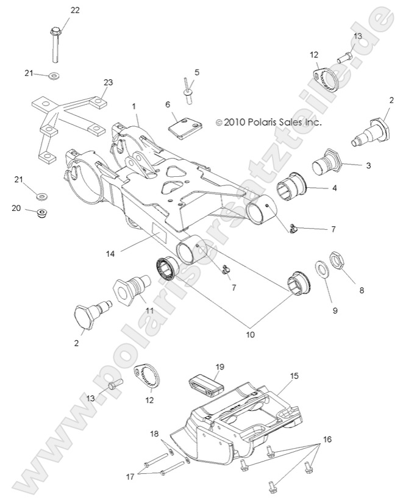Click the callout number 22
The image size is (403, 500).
74,10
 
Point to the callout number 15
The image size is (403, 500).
294,376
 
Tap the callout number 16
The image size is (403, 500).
327,438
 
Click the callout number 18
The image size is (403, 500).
154,434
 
